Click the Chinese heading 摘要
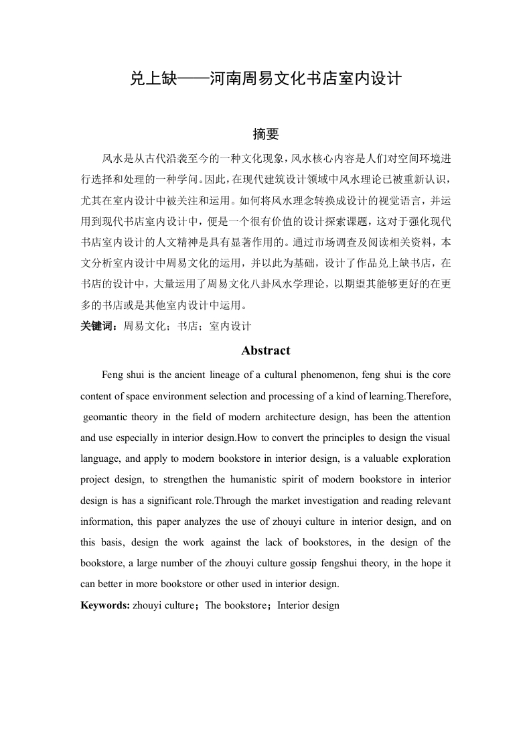[x=265, y=134]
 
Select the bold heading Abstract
[x=265, y=351]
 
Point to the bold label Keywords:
[x=105, y=605]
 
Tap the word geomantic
[x=108, y=417]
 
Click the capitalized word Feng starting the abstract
[x=112, y=374]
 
